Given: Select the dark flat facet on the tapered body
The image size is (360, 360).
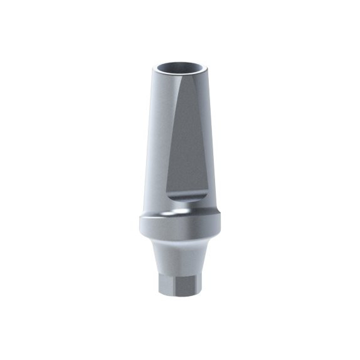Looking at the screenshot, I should (x=188, y=144).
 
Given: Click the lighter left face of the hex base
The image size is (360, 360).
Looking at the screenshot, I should (x=165, y=285).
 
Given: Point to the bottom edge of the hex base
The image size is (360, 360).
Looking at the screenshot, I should (x=179, y=298).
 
